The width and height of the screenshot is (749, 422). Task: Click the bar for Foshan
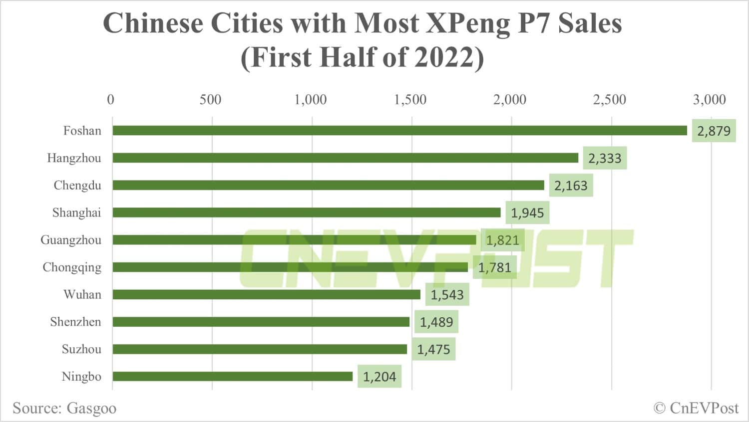point(399,131)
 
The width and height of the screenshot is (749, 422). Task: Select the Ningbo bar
point(233,376)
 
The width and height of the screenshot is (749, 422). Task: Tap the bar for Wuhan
point(267,295)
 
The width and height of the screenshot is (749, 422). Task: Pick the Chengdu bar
point(328,186)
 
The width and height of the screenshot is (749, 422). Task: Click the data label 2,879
point(714,131)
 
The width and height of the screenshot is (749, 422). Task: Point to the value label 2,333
point(605,159)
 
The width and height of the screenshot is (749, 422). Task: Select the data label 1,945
point(527,213)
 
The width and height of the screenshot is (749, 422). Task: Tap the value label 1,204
point(379,377)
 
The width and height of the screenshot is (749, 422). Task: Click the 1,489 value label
point(436,322)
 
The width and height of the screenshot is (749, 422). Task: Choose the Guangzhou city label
point(71,240)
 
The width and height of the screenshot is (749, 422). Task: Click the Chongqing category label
point(72,268)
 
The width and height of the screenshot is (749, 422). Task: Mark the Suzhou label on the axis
point(81,349)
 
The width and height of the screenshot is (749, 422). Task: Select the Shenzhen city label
point(75,322)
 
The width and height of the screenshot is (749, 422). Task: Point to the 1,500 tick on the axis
point(410,100)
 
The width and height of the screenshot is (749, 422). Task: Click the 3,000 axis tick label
point(709,100)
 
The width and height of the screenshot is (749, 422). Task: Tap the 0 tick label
point(110,100)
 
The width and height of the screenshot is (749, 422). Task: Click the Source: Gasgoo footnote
point(64,408)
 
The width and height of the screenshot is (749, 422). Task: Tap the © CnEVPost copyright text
point(696,408)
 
